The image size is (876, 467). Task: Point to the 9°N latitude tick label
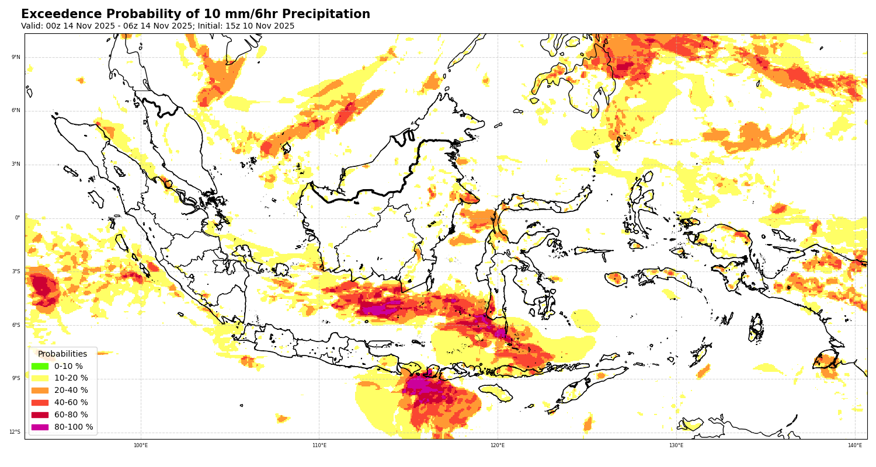pyautogui.click(x=16, y=57)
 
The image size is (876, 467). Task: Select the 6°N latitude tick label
pyautogui.click(x=16, y=110)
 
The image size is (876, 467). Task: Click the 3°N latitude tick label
pyautogui.click(x=16, y=164)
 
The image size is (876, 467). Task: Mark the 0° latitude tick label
pyautogui.click(x=18, y=218)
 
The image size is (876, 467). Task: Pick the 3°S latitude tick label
pyautogui.click(x=16, y=271)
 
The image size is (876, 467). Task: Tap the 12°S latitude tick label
pyautogui.click(x=15, y=432)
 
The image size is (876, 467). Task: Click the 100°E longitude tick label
pyautogui.click(x=141, y=445)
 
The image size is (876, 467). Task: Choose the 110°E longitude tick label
pyautogui.click(x=319, y=445)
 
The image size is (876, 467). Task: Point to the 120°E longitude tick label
pyautogui.click(x=498, y=445)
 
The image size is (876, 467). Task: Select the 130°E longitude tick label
pyautogui.click(x=676, y=445)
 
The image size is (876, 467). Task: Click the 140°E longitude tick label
pyautogui.click(x=855, y=445)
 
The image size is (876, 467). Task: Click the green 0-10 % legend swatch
pyautogui.click(x=40, y=366)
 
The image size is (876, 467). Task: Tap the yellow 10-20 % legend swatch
pyautogui.click(x=40, y=378)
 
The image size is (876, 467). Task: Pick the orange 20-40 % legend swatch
pyautogui.click(x=40, y=391)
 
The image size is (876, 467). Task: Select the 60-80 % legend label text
pyautogui.click(x=71, y=415)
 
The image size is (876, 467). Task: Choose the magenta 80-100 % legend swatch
pyautogui.click(x=40, y=427)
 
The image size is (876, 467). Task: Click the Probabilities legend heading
pyautogui.click(x=62, y=354)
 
